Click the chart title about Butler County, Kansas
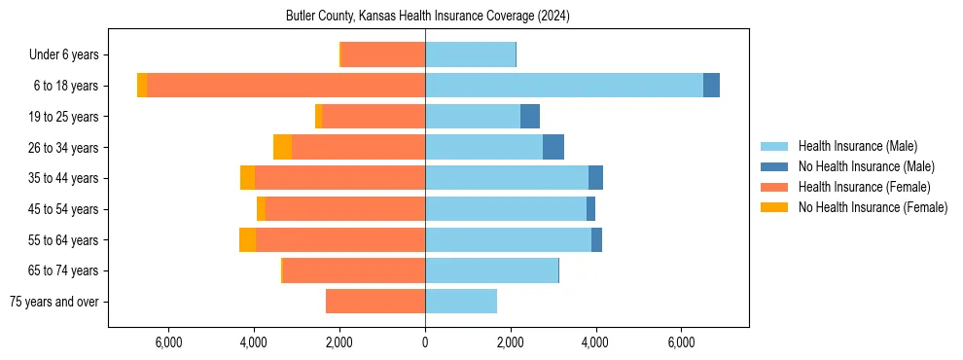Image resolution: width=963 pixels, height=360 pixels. tap(427, 17)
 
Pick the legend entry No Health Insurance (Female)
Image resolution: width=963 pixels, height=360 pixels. tap(873, 207)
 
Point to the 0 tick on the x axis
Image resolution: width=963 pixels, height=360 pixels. tap(425, 342)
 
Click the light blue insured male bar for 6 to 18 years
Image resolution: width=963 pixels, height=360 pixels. tap(564, 86)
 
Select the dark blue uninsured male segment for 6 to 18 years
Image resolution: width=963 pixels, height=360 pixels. tap(711, 86)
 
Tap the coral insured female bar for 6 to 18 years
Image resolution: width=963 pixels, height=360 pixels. tap(286, 86)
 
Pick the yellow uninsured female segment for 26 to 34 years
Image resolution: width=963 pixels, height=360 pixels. tap(282, 147)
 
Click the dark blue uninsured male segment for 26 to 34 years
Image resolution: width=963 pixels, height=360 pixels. tap(553, 147)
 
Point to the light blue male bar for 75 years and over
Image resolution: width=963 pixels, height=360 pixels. tap(461, 302)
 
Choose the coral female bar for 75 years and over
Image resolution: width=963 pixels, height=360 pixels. tap(375, 302)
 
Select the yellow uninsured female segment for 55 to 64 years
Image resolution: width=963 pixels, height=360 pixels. tap(247, 240)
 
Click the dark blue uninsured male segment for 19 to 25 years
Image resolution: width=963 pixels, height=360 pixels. tap(530, 117)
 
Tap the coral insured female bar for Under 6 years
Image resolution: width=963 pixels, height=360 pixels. tap(383, 54)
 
